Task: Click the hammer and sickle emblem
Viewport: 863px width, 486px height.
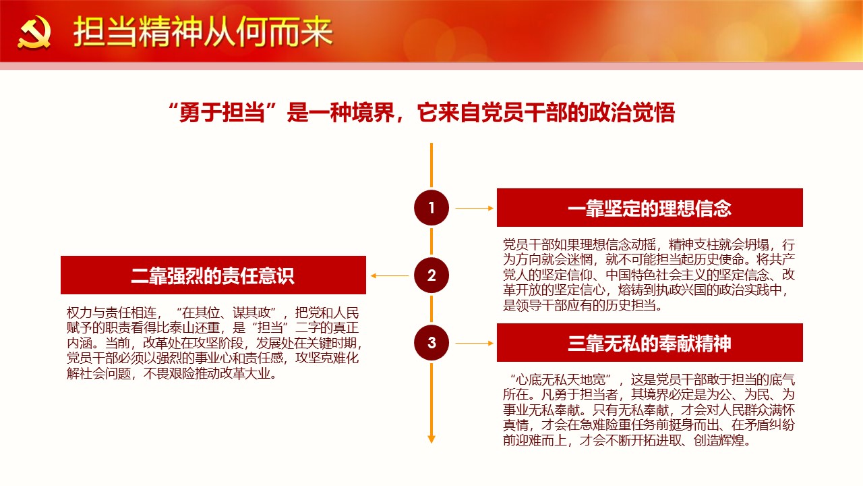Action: click(34, 32)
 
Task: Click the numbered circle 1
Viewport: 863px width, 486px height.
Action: click(431, 207)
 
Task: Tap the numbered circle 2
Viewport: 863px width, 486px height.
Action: click(431, 275)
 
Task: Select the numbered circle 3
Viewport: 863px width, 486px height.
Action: click(431, 342)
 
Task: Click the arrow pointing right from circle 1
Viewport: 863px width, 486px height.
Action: click(474, 209)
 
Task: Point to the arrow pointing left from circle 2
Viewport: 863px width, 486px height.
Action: click(390, 276)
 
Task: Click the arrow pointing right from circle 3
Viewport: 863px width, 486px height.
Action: click(474, 344)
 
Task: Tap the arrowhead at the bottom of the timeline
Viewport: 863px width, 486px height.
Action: click(431, 439)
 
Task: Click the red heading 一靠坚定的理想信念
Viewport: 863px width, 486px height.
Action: click(649, 209)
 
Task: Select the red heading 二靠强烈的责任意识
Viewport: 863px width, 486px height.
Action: click(212, 276)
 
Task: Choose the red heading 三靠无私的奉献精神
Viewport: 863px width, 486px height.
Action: click(649, 344)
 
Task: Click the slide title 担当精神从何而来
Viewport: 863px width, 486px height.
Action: click(203, 32)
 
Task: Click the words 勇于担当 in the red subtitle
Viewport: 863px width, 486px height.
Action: click(222, 113)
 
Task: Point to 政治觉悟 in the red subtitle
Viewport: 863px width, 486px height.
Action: click(632, 113)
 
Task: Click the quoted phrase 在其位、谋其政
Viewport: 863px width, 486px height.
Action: click(227, 313)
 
